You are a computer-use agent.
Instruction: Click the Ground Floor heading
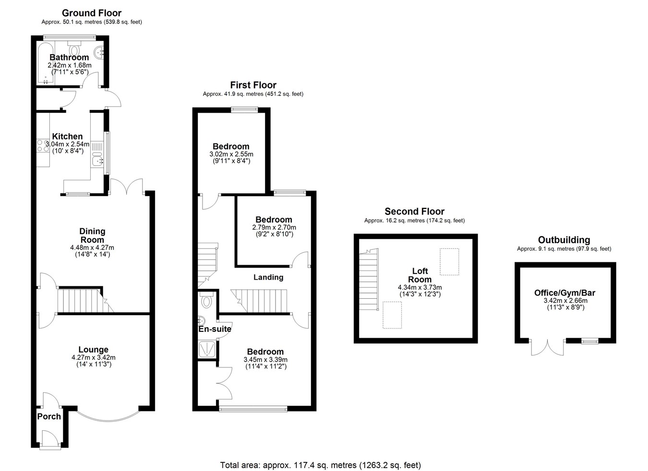91,13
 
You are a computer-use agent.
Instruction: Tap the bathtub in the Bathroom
46,64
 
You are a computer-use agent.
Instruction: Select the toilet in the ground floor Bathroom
74,48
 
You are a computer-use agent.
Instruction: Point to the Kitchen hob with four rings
43,146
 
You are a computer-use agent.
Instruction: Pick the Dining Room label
92,235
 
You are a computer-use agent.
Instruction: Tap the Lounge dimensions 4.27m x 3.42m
94,358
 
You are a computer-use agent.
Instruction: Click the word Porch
49,416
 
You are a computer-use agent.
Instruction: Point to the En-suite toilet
206,300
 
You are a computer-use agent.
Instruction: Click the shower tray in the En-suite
207,349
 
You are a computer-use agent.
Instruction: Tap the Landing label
268,277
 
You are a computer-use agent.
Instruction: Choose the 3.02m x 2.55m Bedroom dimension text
231,154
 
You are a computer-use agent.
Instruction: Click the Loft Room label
420,275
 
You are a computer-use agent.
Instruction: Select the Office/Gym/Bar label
564,293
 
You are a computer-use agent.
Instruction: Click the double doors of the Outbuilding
548,347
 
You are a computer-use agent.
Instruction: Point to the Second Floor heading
414,212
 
